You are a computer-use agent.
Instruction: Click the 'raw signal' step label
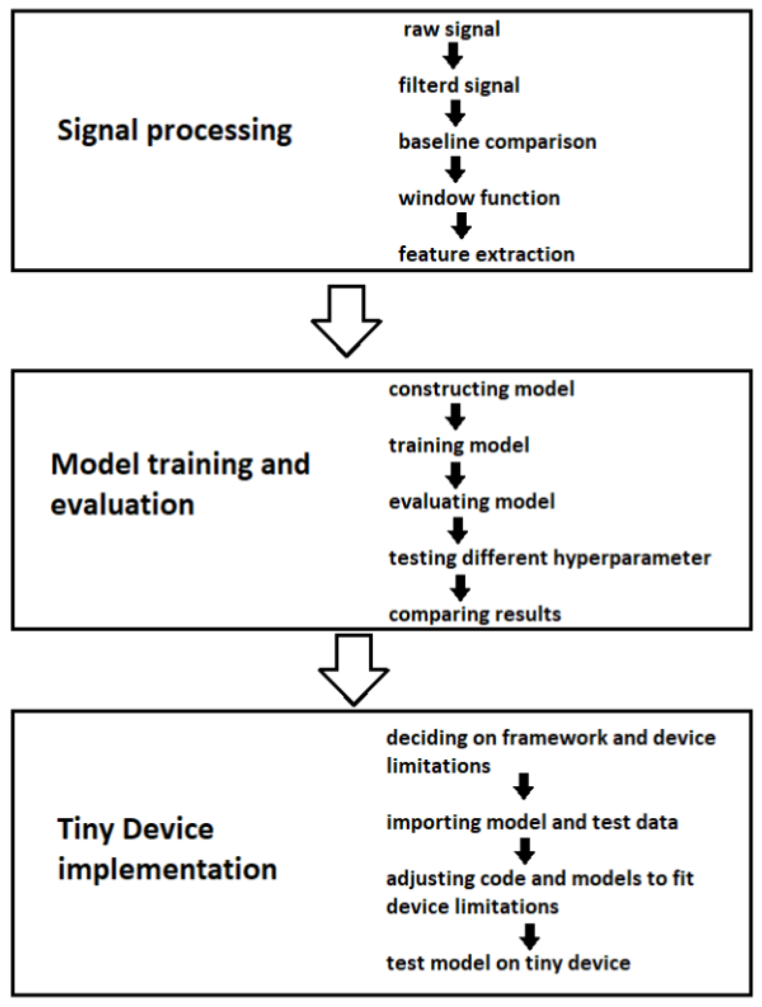451,30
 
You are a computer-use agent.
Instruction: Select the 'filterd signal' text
459,85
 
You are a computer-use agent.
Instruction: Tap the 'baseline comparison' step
497,142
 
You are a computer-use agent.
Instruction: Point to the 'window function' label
479,199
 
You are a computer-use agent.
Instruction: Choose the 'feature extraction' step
486,254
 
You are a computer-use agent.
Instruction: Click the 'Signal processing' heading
175,131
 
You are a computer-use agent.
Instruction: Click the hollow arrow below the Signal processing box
347,320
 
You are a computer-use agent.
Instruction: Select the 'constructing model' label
481,389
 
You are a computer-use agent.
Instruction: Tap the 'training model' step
459,446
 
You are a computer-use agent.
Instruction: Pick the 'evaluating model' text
472,502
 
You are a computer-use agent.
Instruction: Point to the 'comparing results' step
474,615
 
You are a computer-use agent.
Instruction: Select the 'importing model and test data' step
532,823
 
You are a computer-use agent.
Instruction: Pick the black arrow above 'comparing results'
460,588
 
